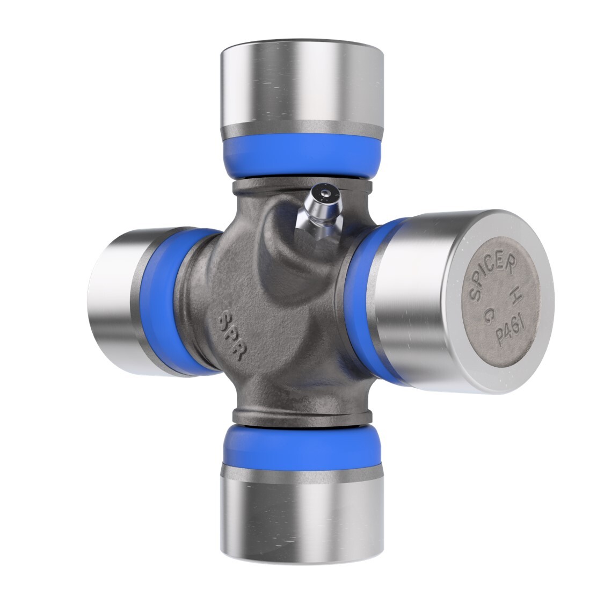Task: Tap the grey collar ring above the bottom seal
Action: [302, 416]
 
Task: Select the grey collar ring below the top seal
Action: [302, 186]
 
